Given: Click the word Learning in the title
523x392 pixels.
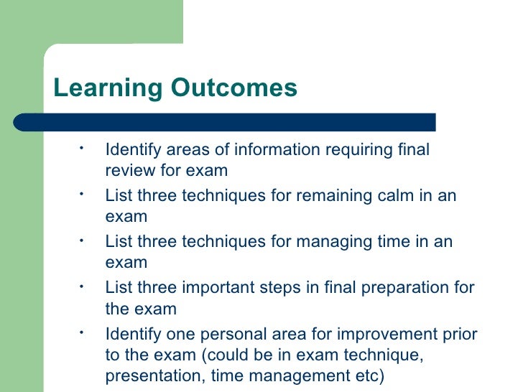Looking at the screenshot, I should click(x=108, y=88).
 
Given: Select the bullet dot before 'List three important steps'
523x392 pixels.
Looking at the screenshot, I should click(x=83, y=286).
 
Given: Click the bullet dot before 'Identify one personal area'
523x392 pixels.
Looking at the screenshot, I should click(x=83, y=332).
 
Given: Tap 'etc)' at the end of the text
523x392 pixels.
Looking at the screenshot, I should click(x=371, y=375).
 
